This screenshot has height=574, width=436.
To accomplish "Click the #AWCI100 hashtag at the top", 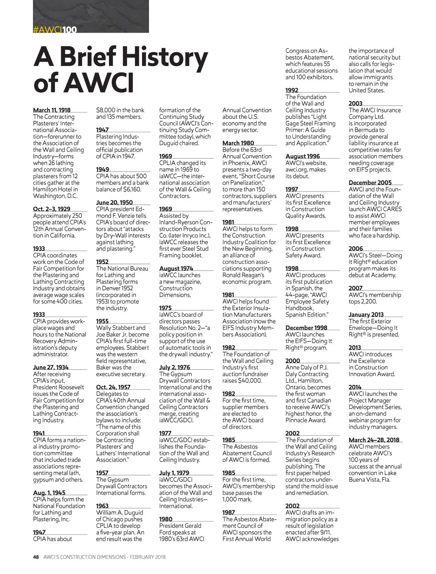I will click(x=55, y=29).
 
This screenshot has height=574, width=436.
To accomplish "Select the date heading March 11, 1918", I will click(x=52, y=110).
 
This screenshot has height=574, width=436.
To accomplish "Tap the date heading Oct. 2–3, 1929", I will click(x=52, y=209).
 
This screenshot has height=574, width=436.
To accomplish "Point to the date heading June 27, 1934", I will click(x=51, y=367).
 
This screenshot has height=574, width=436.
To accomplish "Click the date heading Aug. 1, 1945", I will click(x=49, y=493).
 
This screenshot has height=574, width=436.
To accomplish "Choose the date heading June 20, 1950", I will click(x=114, y=202).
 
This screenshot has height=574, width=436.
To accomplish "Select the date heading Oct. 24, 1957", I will click(x=113, y=387).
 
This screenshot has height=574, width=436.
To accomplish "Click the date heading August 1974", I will click(x=176, y=268).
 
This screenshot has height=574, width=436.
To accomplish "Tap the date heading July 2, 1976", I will click(x=175, y=367).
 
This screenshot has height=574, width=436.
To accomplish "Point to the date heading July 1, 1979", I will click(x=174, y=473).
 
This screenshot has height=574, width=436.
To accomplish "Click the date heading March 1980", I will click(x=238, y=143).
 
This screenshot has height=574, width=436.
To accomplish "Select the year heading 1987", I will click(x=229, y=512).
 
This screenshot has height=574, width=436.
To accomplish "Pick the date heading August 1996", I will click(x=303, y=156).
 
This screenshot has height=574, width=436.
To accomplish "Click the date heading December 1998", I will click(x=306, y=328).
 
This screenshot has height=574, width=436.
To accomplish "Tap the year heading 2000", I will click(x=293, y=361).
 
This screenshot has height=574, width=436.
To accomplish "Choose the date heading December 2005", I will click(x=370, y=183).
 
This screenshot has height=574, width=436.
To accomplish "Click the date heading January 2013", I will click(x=366, y=315).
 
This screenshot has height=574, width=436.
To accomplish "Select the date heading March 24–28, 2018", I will click(x=374, y=440).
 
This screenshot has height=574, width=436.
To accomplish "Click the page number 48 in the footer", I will click(x=36, y=557).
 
